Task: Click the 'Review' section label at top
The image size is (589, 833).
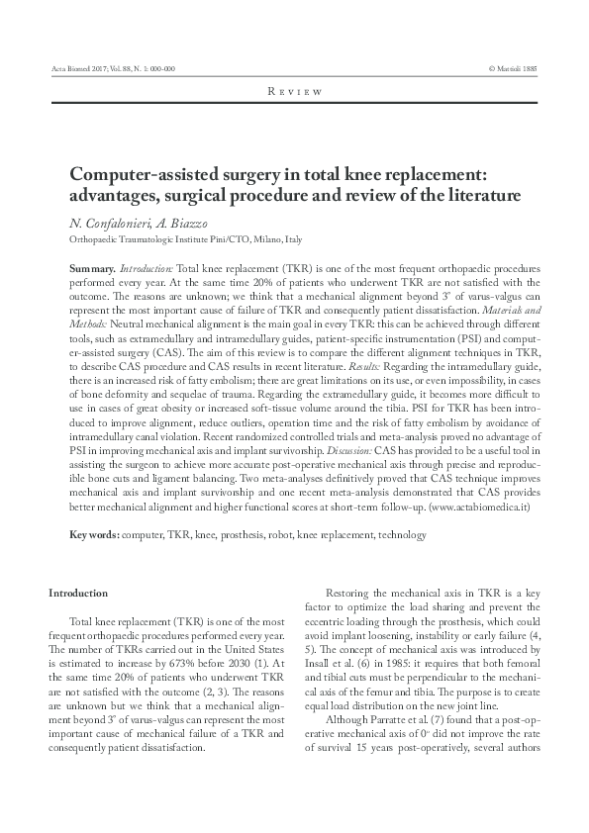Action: point(295,92)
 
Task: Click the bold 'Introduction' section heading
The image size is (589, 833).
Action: point(78,593)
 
